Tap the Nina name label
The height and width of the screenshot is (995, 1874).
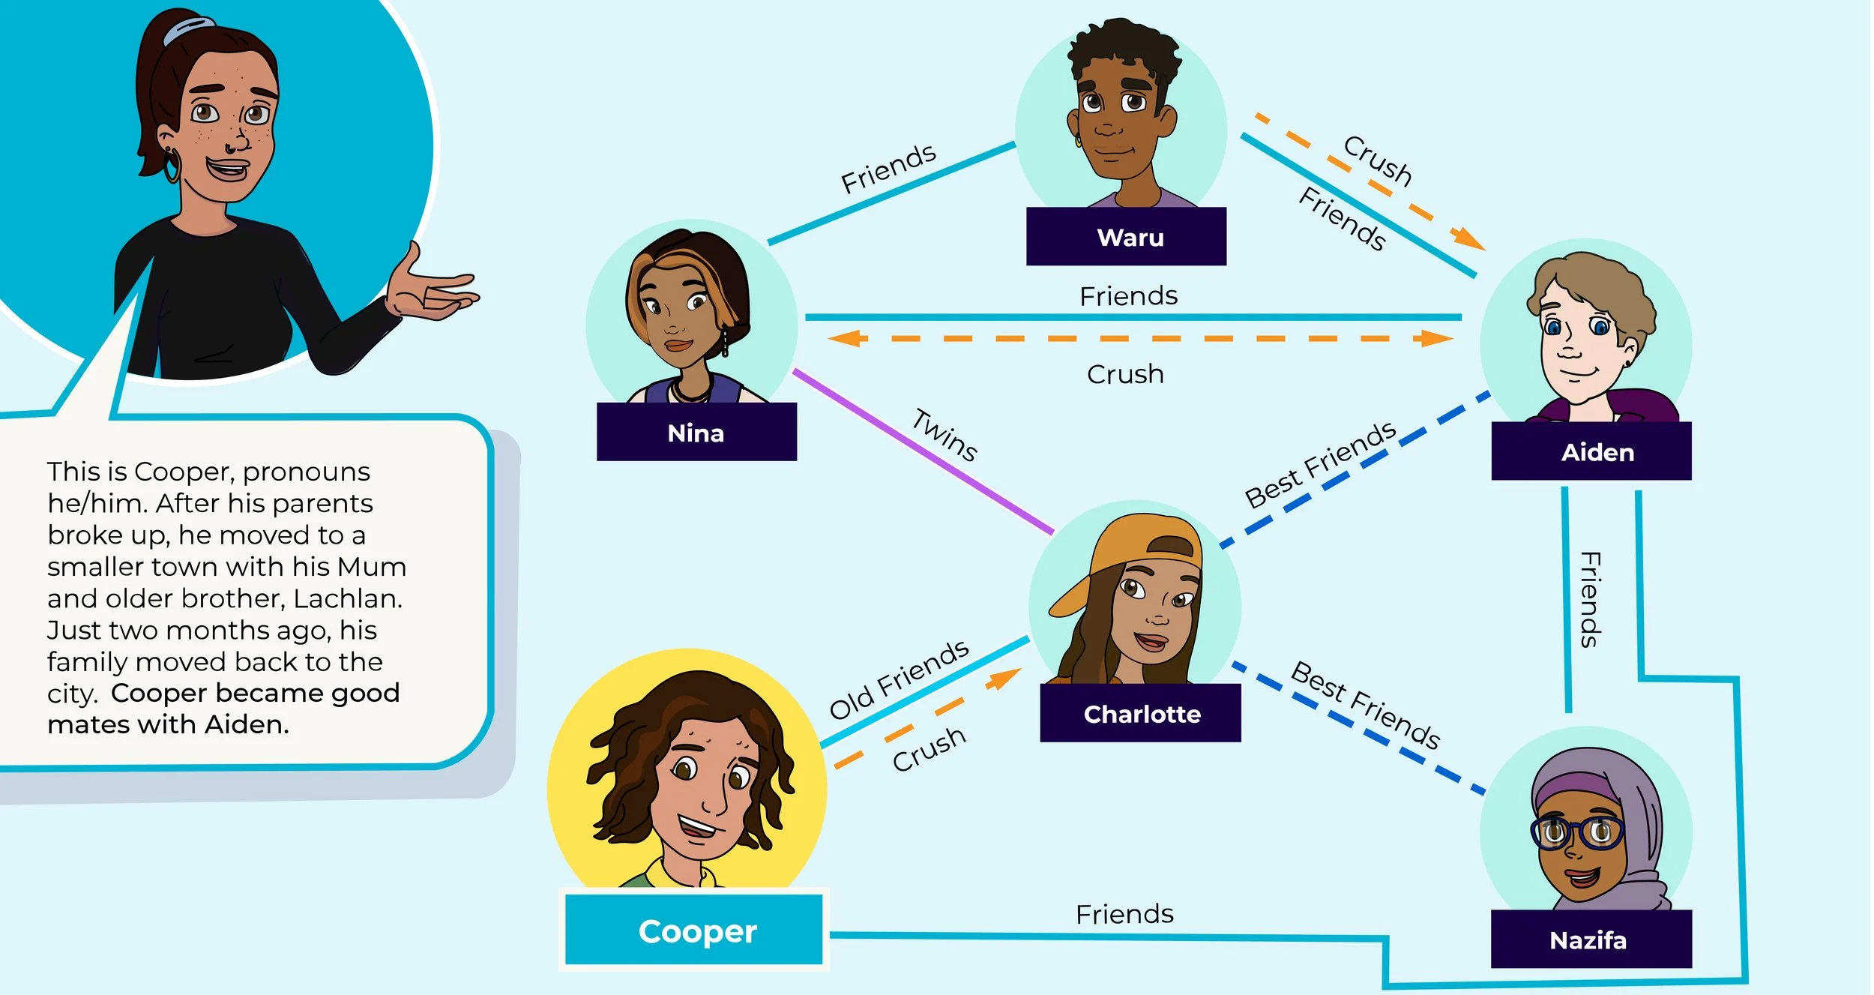pyautogui.click(x=696, y=433)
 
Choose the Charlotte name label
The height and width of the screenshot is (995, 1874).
pyautogui.click(x=1140, y=713)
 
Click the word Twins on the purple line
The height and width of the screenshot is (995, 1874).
pyautogui.click(x=944, y=434)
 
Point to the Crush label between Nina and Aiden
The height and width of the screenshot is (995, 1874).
pyautogui.click(x=1125, y=373)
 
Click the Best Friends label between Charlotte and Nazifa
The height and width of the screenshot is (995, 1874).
pyautogui.click(x=1365, y=705)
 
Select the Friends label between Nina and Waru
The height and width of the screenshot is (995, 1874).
pyautogui.click(x=888, y=168)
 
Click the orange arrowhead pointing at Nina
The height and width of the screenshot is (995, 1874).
pyautogui.click(x=843, y=338)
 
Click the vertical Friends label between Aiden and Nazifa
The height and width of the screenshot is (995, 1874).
pyautogui.click(x=1590, y=599)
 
